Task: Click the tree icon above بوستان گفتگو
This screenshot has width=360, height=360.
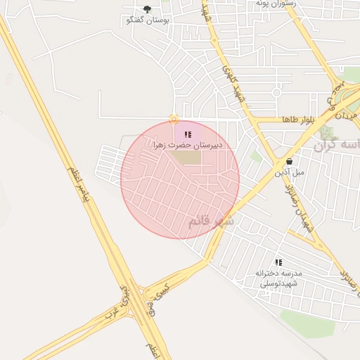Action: (x=146, y=8)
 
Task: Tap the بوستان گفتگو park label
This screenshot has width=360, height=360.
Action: (x=147, y=20)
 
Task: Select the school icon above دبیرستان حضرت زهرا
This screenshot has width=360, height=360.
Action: (x=187, y=134)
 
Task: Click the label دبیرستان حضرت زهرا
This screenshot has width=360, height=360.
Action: (x=188, y=145)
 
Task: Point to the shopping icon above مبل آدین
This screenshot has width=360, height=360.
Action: (x=289, y=160)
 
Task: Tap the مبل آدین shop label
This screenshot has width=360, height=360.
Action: (x=290, y=172)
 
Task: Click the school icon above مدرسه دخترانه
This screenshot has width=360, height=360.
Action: (x=279, y=262)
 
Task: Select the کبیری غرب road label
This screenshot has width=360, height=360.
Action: (x=117, y=306)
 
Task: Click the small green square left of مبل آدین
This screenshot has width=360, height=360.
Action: (x=256, y=157)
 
